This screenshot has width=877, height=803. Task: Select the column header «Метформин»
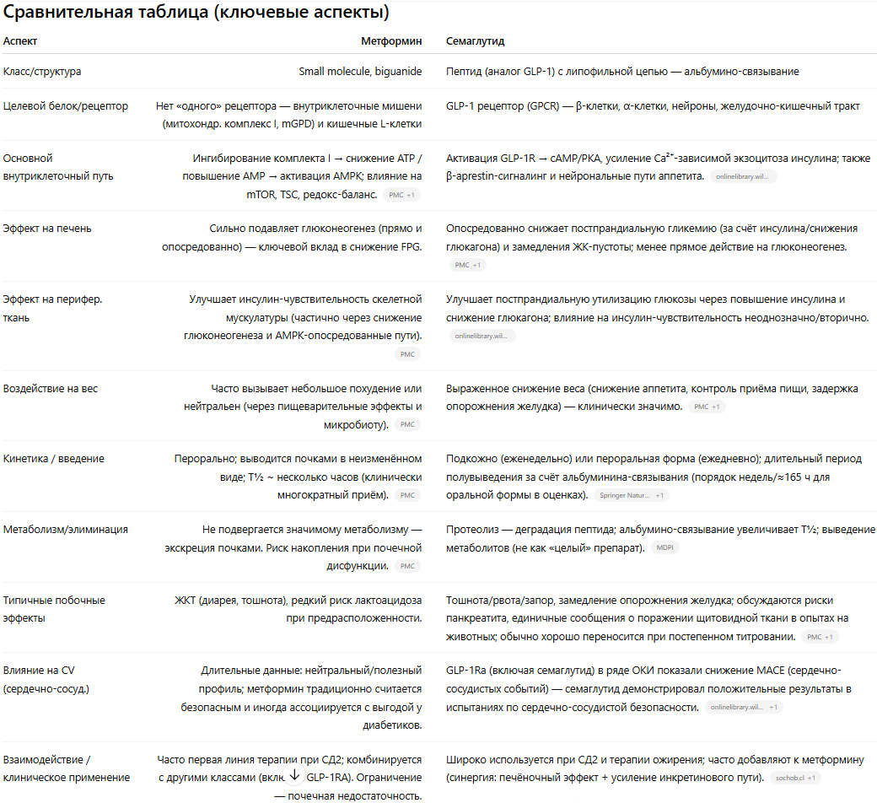tap(391, 40)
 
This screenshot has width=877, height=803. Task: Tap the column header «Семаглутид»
tap(475, 40)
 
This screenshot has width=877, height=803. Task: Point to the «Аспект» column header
tap(20, 40)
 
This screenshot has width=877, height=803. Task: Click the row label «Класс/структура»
tap(42, 72)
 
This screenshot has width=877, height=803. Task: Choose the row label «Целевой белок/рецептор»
tap(66, 106)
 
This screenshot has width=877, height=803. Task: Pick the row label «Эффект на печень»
tap(47, 229)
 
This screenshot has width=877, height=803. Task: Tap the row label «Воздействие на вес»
tap(51, 389)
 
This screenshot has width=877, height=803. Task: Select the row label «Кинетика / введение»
tap(54, 459)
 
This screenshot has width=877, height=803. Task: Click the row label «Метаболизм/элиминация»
tap(66, 530)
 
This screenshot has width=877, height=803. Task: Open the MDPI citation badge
tap(663, 548)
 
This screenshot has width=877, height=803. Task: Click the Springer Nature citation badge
tap(630, 495)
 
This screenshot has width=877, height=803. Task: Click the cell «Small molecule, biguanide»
tap(360, 72)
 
